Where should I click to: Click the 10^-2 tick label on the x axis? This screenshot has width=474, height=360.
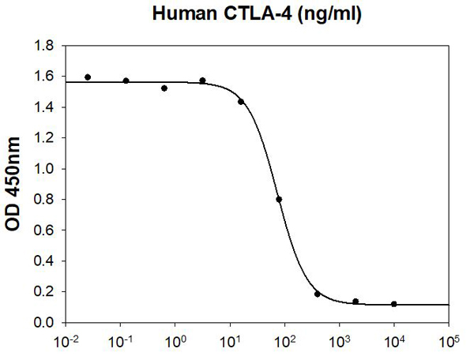click(65, 342)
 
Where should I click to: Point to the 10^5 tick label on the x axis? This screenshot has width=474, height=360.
click(448, 342)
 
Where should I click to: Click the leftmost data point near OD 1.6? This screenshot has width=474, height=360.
click(87, 77)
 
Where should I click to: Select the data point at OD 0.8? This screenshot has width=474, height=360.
click(279, 199)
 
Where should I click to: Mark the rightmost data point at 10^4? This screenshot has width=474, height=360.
click(393, 304)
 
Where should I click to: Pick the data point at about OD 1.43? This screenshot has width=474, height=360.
click(241, 102)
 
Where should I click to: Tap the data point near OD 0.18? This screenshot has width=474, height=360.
click(317, 294)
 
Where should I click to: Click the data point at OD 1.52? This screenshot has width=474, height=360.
click(164, 88)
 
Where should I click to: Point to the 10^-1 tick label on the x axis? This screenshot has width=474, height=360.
click(120, 342)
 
